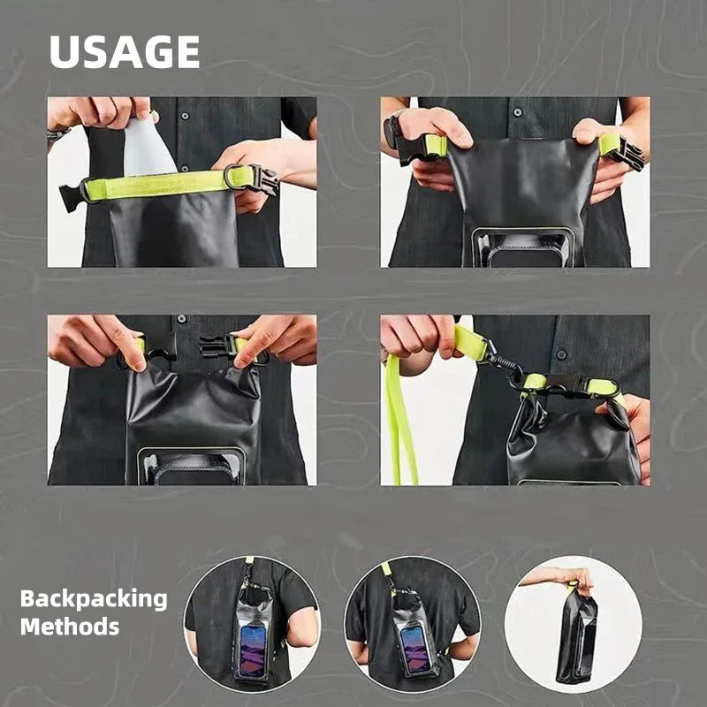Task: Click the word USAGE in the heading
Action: [x=124, y=52]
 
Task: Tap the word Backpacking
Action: [x=94, y=598]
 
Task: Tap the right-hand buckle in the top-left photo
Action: [x=258, y=179]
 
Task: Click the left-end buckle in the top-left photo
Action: [x=72, y=196]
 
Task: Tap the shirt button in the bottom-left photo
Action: [x=182, y=319]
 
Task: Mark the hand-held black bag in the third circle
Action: [x=574, y=636]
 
